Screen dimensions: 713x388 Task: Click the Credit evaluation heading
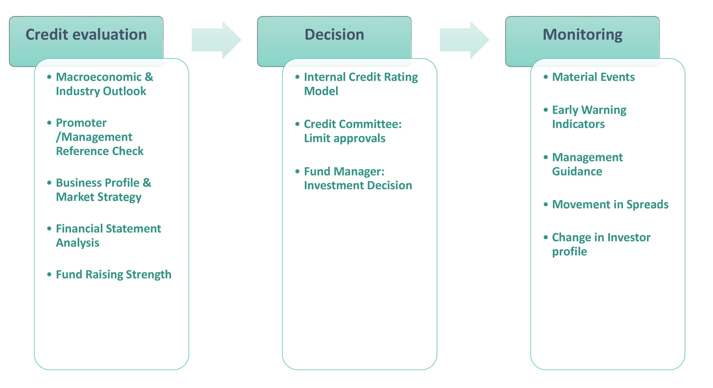coord(86,35)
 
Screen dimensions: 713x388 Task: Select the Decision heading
coord(334,35)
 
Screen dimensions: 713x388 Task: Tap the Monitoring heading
coord(582,35)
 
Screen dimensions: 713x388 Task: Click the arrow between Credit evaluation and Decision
coord(216,40)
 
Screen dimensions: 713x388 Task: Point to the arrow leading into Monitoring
coord(464,40)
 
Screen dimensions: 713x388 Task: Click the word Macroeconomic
coord(99,77)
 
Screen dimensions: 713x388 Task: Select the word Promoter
coord(81,123)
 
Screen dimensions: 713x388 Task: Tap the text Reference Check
coord(100,151)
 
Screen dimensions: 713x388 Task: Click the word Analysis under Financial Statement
coord(77,243)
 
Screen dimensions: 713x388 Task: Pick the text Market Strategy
coord(98,197)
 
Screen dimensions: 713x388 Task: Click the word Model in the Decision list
coord(321,91)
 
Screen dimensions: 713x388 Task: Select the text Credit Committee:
coord(353,124)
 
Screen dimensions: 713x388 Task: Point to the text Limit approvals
coord(345,139)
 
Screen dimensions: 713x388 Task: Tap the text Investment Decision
coord(358,185)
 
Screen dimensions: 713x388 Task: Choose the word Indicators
coord(579,124)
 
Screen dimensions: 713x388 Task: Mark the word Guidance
coord(577,171)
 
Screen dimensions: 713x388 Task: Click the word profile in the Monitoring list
coord(569,252)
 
